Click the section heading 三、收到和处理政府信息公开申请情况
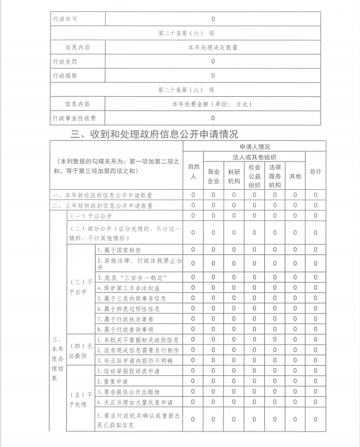155,134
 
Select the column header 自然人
193,171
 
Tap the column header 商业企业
214,176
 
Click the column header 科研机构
234,176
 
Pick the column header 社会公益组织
254,176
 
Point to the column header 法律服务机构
275,176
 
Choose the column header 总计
315,171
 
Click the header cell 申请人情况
255,146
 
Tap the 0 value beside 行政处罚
213,61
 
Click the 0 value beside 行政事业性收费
213,118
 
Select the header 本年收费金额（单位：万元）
213,104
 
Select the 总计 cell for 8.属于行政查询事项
315,329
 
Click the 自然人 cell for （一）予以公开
193,215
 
